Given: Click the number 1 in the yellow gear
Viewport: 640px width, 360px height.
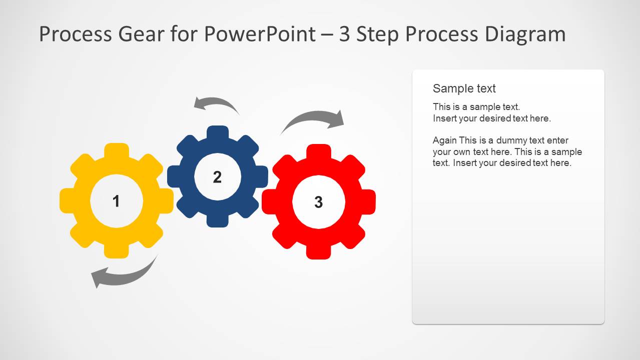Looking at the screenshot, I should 116,201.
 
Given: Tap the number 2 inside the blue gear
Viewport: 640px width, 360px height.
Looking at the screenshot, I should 217,177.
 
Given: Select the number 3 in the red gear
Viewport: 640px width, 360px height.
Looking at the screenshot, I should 318,202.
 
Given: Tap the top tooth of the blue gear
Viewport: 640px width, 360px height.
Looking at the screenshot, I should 217,133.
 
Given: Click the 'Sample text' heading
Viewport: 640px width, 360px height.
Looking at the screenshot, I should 464,88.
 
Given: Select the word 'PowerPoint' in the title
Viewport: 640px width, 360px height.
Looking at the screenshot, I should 259,34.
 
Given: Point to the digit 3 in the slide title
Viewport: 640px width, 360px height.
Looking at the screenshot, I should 344,34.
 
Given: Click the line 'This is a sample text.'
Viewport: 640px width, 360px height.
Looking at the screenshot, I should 476,106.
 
